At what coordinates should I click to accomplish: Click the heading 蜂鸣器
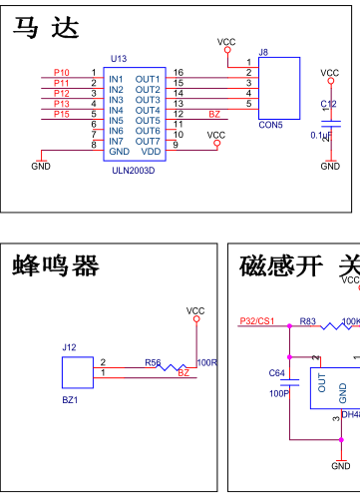click(56, 265)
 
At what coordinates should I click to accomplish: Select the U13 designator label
click(119, 60)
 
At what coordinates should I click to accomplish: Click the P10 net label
click(62, 73)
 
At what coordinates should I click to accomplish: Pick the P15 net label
click(62, 115)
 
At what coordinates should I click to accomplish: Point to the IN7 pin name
click(116, 141)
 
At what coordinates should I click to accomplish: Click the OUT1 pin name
click(148, 79)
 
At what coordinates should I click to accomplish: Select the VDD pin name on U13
click(150, 152)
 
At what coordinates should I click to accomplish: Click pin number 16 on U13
click(178, 73)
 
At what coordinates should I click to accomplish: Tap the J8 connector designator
click(263, 52)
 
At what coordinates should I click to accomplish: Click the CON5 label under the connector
click(270, 126)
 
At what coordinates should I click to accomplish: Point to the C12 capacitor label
click(328, 104)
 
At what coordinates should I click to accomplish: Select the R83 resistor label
click(307, 321)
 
